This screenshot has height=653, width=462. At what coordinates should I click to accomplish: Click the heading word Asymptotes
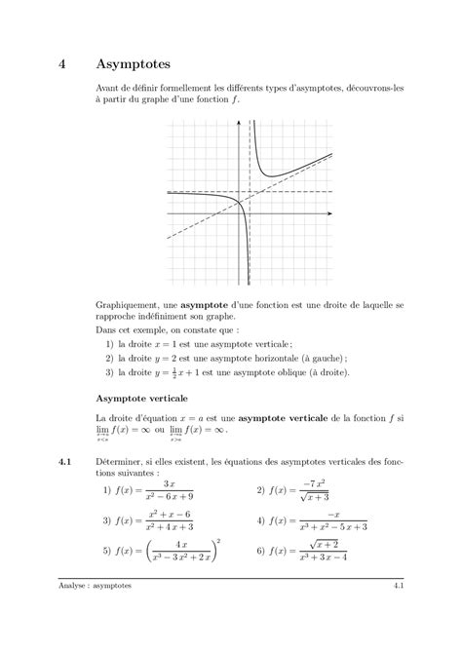[134, 64]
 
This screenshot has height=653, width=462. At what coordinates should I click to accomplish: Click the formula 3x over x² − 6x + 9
[169, 489]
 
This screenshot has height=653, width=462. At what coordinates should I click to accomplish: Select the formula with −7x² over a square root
[312, 489]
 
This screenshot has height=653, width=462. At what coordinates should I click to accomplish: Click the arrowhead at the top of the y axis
[250, 121]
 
